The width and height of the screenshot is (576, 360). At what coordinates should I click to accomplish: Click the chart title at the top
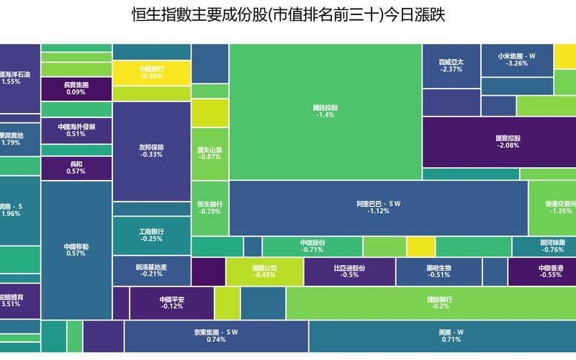click(x=288, y=15)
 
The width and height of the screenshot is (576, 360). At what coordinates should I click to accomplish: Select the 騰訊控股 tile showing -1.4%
click(x=325, y=112)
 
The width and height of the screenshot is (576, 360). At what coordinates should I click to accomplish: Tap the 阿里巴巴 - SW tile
click(x=378, y=207)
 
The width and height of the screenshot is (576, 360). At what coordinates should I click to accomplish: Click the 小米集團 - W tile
click(x=517, y=60)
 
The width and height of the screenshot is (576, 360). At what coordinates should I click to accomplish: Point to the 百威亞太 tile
click(x=451, y=66)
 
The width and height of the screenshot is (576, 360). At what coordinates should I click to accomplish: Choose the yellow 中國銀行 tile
click(x=152, y=72)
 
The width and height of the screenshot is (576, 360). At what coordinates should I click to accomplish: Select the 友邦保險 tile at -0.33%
click(x=151, y=150)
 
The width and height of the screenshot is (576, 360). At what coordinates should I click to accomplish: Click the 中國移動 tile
click(x=76, y=249)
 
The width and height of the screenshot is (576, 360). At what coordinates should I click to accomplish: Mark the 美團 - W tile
click(x=450, y=336)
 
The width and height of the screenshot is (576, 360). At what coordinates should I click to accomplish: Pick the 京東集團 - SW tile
click(x=215, y=336)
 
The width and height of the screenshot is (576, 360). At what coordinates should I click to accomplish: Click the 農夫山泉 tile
click(x=210, y=153)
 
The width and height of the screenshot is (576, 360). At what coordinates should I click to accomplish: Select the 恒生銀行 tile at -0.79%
click(x=210, y=207)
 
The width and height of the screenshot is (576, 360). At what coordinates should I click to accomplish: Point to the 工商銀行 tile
click(x=151, y=235)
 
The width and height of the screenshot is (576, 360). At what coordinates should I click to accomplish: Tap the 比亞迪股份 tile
click(x=349, y=271)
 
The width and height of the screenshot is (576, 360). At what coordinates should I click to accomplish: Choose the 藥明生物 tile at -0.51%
click(x=438, y=271)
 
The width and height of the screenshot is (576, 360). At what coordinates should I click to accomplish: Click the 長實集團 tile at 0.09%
click(x=76, y=89)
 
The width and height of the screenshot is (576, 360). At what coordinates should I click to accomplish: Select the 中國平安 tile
click(x=172, y=302)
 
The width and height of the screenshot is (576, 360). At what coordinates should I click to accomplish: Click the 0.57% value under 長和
click(x=76, y=172)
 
